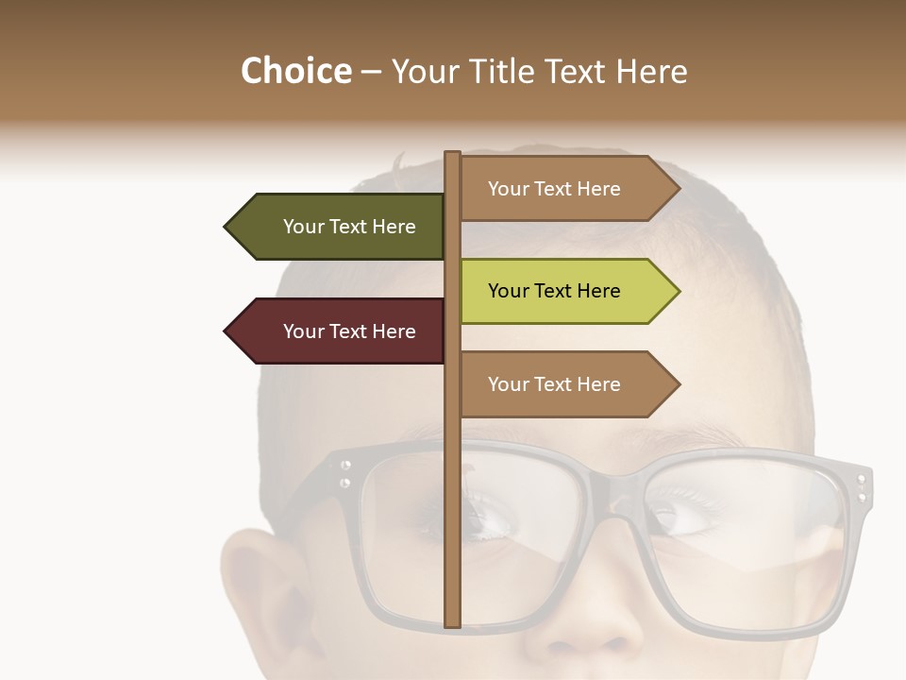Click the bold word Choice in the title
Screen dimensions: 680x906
(295, 72)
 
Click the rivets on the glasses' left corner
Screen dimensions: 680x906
(345, 473)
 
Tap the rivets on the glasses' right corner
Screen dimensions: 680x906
(861, 487)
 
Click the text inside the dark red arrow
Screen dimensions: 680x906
(349, 331)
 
